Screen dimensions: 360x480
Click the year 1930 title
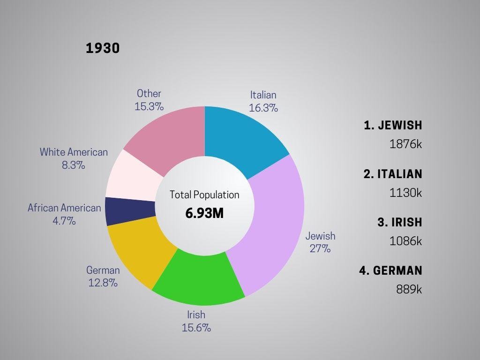click(103, 48)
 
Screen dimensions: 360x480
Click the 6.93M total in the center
click(204, 213)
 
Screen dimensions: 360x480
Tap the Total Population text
click(204, 195)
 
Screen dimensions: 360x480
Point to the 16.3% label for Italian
click(263, 108)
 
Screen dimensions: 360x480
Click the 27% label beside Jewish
click(320, 249)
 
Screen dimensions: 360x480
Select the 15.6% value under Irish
click(196, 328)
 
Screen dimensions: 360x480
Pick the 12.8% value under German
click(103, 283)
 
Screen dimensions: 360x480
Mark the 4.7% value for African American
click(64, 221)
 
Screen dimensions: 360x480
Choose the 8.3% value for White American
click(74, 165)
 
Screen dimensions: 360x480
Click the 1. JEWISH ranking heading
click(393, 125)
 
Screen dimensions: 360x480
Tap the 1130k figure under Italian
click(405, 192)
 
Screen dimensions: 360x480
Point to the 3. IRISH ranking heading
click(400, 222)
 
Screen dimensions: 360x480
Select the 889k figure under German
click(409, 289)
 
